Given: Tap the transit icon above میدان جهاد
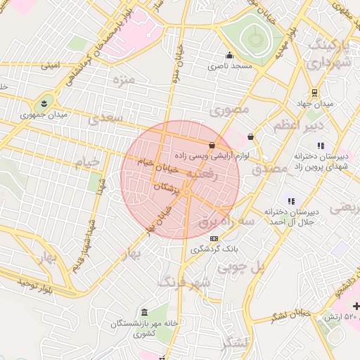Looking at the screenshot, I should pos(314,91).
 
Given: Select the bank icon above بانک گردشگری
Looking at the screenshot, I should pos(214,238).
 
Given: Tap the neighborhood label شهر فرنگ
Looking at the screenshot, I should pos(184,283).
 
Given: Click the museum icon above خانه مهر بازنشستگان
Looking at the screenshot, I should pos(145,312).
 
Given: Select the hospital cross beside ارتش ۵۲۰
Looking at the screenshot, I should pos(356,307).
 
